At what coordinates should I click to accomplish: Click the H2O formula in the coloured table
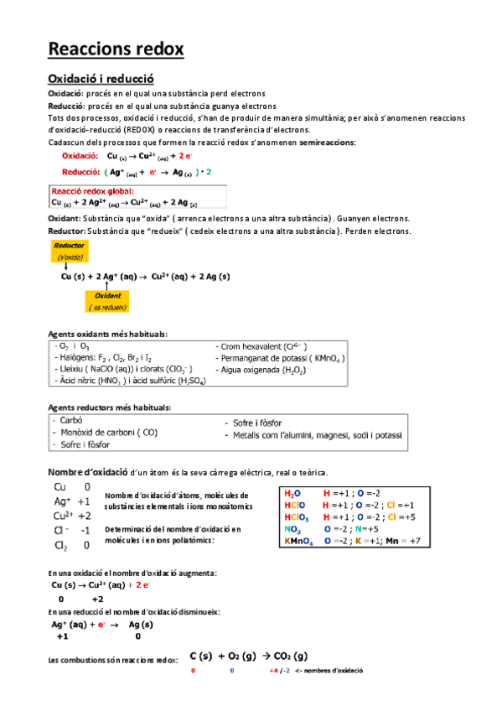pyautogui.click(x=292, y=494)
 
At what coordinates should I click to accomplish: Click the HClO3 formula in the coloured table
pyautogui.click(x=296, y=517)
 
